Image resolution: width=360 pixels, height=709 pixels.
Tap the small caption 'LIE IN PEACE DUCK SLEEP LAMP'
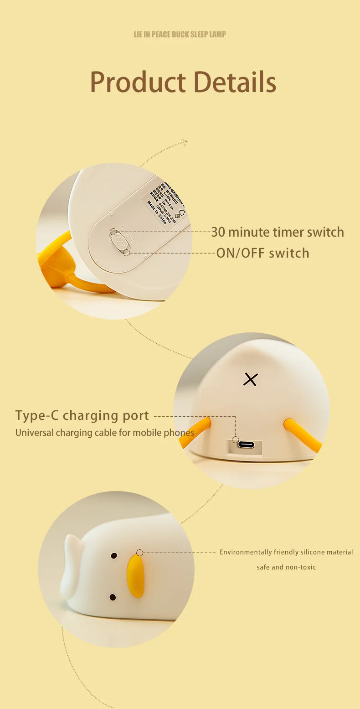point(180,34)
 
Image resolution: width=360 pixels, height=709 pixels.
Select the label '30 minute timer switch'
point(277,232)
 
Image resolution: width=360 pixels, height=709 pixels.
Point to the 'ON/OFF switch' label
point(262,253)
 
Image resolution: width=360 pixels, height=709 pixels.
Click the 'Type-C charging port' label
point(82,415)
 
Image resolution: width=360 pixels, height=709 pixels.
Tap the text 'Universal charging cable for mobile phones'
point(105,433)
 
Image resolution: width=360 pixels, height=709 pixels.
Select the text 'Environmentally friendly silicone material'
point(286,552)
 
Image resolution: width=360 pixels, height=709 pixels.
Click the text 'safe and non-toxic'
point(286,567)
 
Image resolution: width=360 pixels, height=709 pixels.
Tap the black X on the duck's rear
point(250,379)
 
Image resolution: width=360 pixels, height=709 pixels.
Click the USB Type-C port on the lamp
point(246,445)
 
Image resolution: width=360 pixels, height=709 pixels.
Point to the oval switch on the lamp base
point(118,240)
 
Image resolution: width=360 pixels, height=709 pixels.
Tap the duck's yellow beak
point(135,575)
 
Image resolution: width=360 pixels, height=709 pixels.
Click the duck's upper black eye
point(114,556)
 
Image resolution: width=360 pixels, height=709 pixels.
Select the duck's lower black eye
point(113,597)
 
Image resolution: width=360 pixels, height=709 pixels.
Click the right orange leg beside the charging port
point(302,435)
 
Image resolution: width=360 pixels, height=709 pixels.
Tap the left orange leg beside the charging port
point(195,433)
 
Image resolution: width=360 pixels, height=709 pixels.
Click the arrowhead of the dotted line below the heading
point(185,142)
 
